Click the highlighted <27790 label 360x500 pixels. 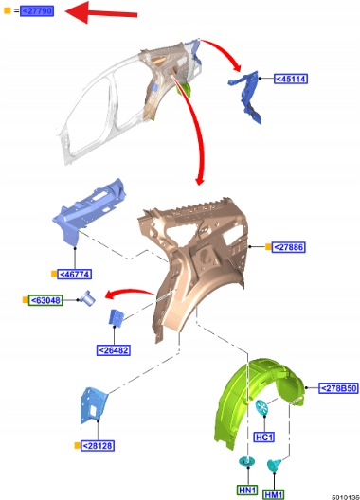pos(37,11)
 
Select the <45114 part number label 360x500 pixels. pos(291,79)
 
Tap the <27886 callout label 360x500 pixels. pos(289,247)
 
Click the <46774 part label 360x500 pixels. pos(74,274)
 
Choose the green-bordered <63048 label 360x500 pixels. pos(46,300)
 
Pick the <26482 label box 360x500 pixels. pos(114,350)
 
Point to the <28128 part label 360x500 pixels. pos(98,445)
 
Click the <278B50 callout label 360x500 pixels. pos(338,388)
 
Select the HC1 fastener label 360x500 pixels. pos(264,437)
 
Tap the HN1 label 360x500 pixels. pos(247,490)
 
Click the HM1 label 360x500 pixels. pos(274,494)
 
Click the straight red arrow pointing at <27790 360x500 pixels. pos(101,12)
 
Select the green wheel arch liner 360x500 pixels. pos(259,402)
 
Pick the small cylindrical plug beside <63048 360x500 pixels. pos(87,298)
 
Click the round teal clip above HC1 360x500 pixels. pos(261,407)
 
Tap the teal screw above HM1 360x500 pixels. pos(274,465)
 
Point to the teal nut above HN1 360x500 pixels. pos(247,461)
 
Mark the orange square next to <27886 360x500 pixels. pos(268,247)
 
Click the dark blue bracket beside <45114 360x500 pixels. pos(246,97)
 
